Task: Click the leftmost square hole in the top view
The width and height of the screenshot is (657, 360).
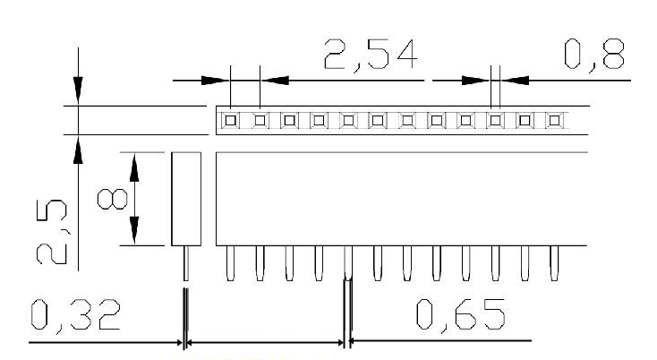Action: click(x=230, y=119)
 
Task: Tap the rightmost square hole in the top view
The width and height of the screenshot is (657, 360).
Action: click(x=555, y=119)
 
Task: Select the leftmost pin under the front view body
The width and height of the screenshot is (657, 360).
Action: click(x=230, y=261)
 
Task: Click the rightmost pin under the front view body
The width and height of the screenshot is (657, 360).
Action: click(x=555, y=261)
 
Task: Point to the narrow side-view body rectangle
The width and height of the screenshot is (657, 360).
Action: click(x=186, y=198)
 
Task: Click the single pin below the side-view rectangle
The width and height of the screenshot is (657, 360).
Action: click(x=186, y=261)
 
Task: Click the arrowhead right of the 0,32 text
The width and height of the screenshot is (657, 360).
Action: click(x=176, y=342)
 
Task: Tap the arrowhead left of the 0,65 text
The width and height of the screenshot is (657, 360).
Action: click(x=356, y=342)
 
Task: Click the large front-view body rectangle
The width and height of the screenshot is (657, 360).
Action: click(x=401, y=198)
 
